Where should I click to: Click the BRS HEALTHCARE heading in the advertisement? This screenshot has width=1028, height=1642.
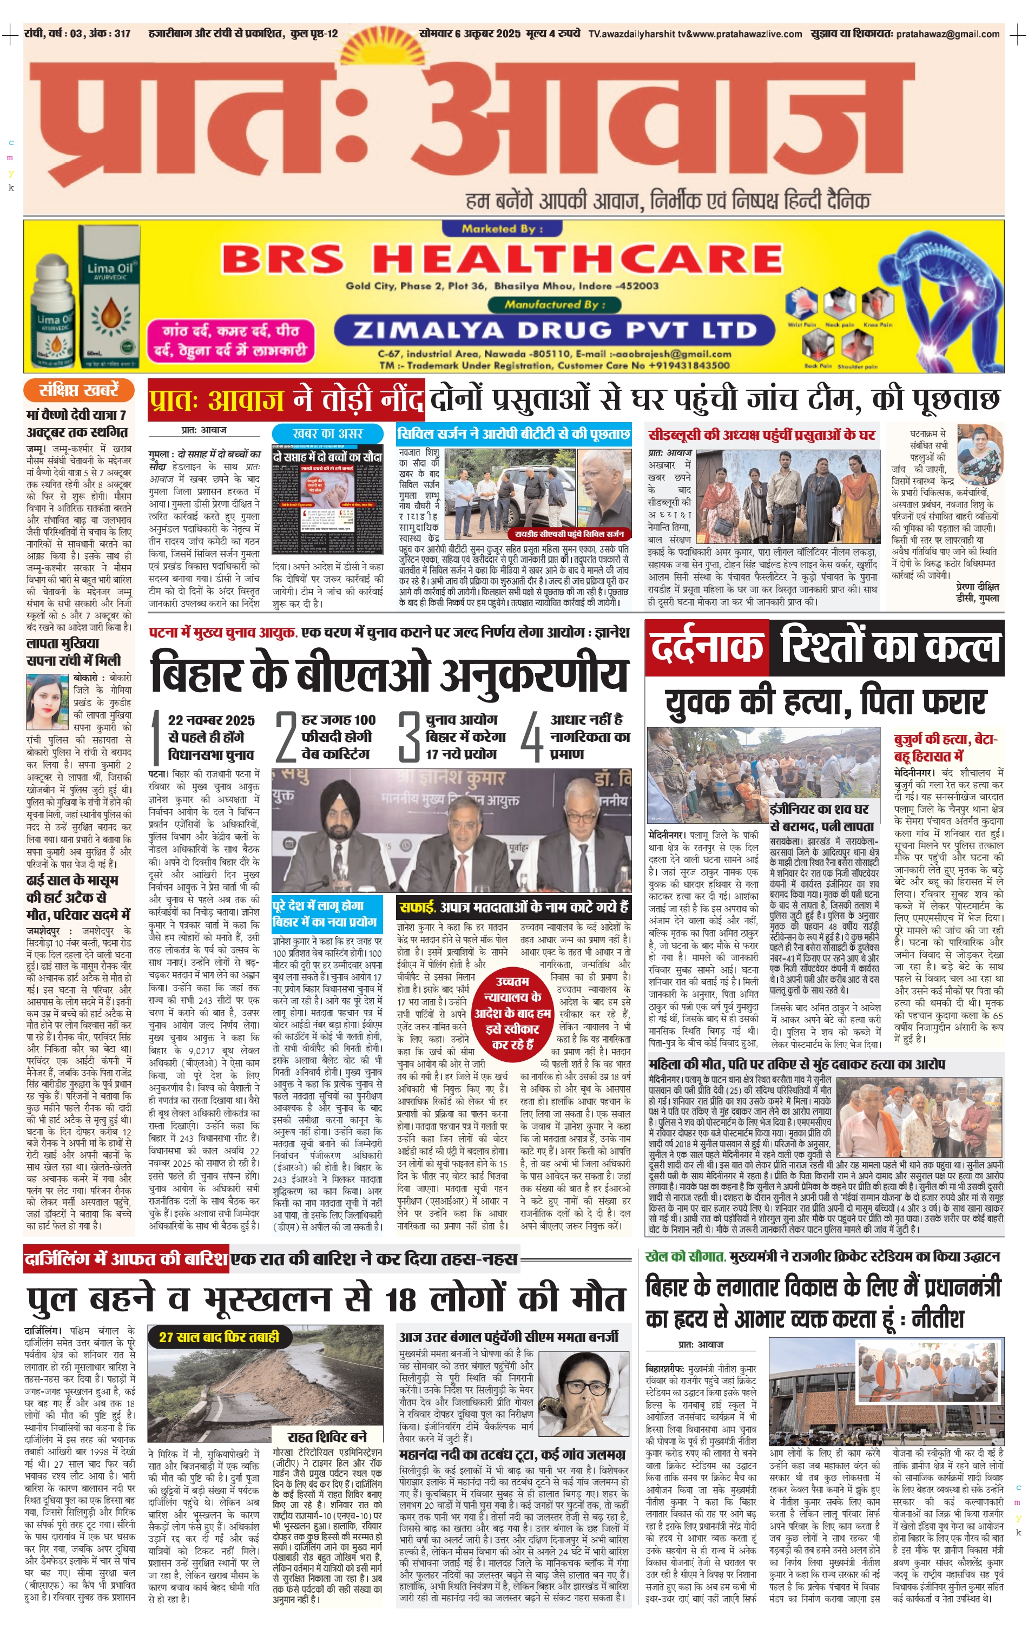502,260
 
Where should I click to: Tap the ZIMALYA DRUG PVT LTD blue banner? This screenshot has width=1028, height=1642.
554,331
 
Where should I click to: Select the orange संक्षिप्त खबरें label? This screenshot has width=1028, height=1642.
79,390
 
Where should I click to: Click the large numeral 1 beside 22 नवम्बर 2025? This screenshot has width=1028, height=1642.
156,737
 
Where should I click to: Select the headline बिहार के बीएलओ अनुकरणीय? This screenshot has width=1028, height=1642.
389,675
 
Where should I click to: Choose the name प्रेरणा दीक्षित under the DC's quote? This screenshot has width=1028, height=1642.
977,586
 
